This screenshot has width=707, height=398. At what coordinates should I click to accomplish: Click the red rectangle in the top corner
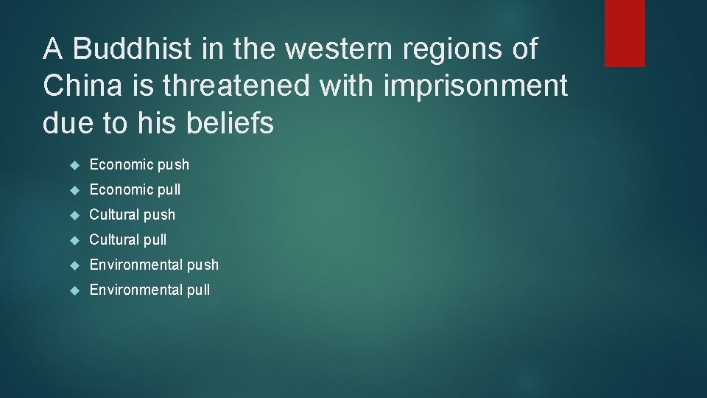click(x=625, y=33)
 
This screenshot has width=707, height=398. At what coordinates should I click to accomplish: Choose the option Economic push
click(x=139, y=164)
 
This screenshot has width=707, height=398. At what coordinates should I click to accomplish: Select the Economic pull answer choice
click(x=135, y=189)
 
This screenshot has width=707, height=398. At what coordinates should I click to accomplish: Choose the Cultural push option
click(x=133, y=214)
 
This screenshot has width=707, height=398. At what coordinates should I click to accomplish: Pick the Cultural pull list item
click(x=128, y=240)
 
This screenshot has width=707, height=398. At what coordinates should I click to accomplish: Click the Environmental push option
click(x=154, y=265)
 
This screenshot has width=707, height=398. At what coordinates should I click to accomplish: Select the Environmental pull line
click(x=150, y=290)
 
